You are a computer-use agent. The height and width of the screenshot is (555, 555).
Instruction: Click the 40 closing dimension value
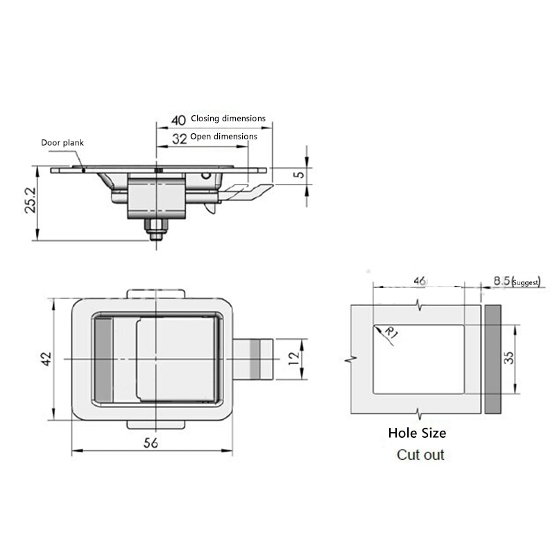tap(178, 118)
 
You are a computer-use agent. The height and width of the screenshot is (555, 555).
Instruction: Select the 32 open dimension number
tap(178, 137)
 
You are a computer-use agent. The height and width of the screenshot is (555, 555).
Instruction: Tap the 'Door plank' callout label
tap(62, 142)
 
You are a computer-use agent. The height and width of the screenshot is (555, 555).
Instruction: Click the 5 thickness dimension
tap(298, 175)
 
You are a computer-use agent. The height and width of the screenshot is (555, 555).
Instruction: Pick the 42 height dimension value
tap(45, 359)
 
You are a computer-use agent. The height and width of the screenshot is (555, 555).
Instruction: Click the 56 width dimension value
tap(151, 444)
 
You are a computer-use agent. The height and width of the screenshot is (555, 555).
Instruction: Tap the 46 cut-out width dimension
tap(419, 280)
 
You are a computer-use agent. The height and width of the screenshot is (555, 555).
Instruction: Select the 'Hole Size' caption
tap(417, 434)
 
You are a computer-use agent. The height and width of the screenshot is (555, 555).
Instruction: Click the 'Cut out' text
tap(420, 455)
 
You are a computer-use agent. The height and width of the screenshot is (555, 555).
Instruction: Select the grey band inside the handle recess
tap(102, 358)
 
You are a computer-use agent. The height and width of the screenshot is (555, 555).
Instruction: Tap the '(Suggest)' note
tap(527, 282)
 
